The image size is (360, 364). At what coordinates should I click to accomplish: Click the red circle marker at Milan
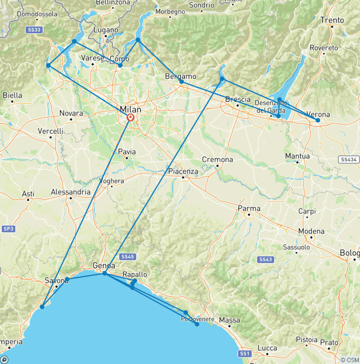tap(130, 118)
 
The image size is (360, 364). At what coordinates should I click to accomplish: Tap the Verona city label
tap(318, 114)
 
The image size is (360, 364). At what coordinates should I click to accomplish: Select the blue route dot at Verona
tap(318, 121)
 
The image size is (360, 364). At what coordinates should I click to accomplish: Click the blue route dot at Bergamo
tap(181, 82)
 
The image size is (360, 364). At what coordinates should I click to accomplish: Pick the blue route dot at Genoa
tap(105, 273)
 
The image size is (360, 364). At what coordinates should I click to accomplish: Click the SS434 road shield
tap(349, 159)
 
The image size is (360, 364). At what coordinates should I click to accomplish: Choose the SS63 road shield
tap(265, 259)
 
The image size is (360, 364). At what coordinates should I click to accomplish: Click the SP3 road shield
tap(8, 228)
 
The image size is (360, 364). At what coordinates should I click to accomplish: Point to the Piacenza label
tap(183, 171)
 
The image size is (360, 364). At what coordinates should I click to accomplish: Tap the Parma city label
tap(249, 208)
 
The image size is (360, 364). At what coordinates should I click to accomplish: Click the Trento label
tap(332, 20)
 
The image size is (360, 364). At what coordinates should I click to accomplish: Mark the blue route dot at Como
tap(120, 65)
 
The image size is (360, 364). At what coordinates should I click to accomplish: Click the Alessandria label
tap(71, 192)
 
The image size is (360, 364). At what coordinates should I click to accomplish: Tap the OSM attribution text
tap(349, 360)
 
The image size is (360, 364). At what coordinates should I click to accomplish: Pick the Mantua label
tap(297, 156)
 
